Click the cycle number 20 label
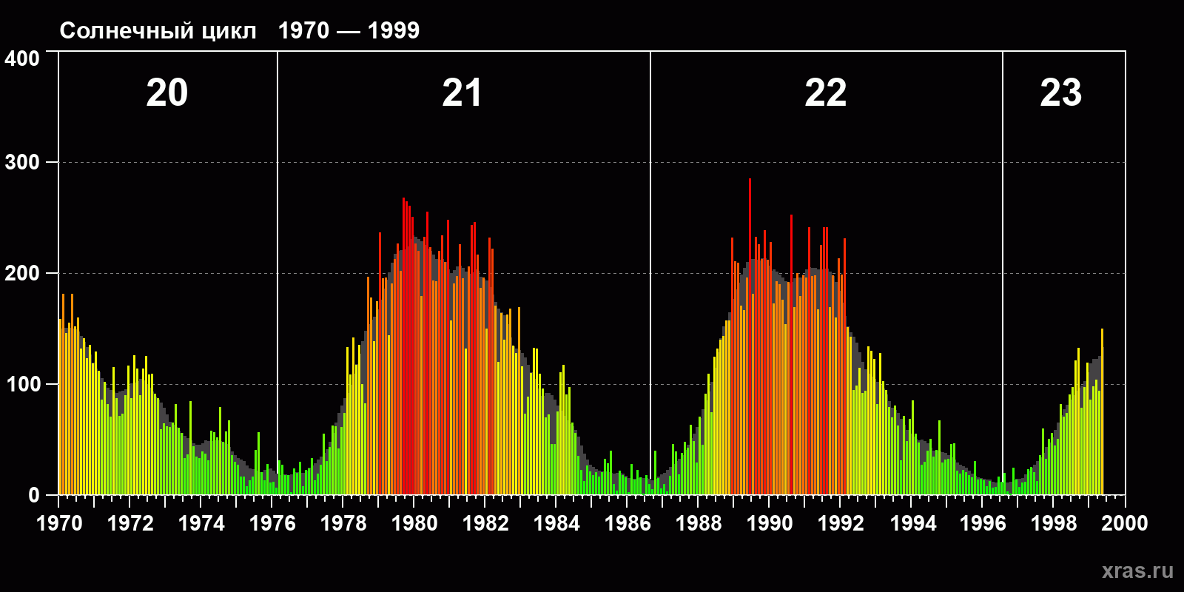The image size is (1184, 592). (x=167, y=93)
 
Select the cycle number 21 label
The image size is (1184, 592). (x=462, y=93)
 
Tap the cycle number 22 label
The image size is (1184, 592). (x=825, y=93)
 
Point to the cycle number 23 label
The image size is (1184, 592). (x=1060, y=93)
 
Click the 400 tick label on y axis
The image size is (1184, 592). (x=22, y=58)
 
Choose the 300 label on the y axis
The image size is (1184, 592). (x=22, y=163)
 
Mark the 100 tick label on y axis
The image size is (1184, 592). (x=22, y=385)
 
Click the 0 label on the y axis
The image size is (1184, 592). (x=33, y=496)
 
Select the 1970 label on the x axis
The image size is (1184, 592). (x=59, y=523)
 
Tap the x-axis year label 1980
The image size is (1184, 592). (x=414, y=523)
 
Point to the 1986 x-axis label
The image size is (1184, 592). (x=628, y=523)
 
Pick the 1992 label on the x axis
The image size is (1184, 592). (x=841, y=523)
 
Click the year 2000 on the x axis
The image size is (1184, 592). (x=1124, y=523)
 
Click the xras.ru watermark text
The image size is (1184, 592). (x=1137, y=571)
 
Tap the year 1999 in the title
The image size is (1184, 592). (x=393, y=31)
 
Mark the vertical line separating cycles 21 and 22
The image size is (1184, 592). (x=650, y=222)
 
